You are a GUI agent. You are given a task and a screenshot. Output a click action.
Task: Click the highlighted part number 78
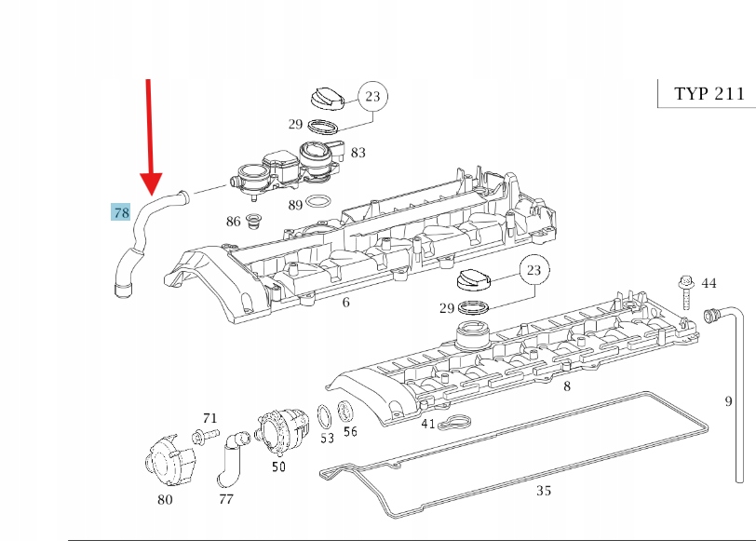(x=120, y=212)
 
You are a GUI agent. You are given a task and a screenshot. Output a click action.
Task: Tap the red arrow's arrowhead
(x=152, y=183)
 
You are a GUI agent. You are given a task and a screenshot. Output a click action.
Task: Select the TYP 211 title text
(x=709, y=93)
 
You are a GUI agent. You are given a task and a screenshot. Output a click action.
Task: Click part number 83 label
(x=358, y=153)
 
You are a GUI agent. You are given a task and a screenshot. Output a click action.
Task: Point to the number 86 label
(x=234, y=222)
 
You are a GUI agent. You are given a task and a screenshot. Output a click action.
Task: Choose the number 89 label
(x=295, y=205)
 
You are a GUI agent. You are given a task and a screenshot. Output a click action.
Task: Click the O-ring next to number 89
(x=317, y=201)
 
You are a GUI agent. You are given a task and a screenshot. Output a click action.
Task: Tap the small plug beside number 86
(x=252, y=222)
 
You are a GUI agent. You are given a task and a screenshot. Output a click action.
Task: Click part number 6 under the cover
(x=345, y=303)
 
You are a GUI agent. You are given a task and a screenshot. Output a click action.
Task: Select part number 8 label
(x=567, y=386)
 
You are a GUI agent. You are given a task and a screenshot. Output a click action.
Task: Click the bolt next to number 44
(x=685, y=292)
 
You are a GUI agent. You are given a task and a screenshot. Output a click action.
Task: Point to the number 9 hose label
(x=728, y=401)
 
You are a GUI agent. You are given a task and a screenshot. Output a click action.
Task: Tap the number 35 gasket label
(x=544, y=491)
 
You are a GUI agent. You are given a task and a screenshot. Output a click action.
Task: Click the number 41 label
(x=428, y=424)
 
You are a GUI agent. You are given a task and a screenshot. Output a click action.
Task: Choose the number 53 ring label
(x=327, y=438)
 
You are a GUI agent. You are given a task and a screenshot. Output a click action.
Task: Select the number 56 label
(x=350, y=431)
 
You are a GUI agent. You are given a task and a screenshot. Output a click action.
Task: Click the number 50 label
(x=278, y=467)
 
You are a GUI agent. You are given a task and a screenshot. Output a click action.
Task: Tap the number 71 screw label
(x=209, y=418)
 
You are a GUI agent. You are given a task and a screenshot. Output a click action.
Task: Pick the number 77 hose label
(x=226, y=499)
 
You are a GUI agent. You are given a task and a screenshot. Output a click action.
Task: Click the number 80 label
(x=165, y=499)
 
